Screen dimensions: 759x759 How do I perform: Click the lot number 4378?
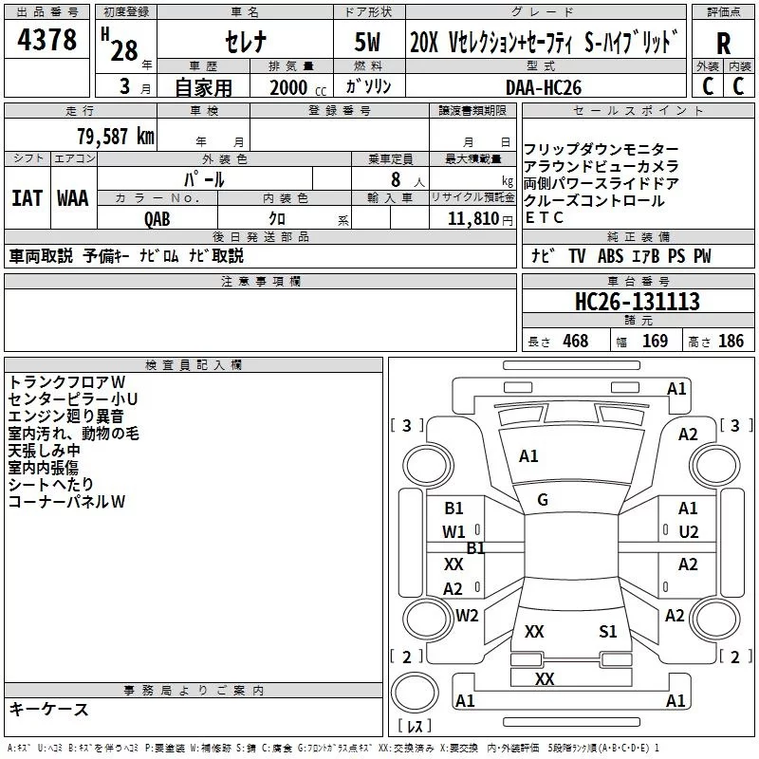point(47,41)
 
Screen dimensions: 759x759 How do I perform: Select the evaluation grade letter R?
point(723,43)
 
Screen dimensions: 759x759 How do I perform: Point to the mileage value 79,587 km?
point(115,136)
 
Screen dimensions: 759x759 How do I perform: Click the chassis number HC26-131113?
point(638,302)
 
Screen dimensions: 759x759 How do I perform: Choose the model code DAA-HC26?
point(543,87)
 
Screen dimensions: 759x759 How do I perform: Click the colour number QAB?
point(157,217)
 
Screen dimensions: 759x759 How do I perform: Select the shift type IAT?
point(27,198)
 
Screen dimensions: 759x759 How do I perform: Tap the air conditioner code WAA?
point(73,198)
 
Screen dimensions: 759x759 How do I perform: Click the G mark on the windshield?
point(543,500)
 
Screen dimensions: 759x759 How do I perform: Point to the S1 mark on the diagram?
point(608,632)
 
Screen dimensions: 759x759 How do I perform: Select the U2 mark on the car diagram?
point(689,531)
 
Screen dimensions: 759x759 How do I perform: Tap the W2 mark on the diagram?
point(467,616)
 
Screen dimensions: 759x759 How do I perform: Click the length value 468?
point(575,342)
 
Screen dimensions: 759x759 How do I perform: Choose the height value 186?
point(731,342)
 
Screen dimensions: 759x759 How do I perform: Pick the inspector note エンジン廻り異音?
point(65,417)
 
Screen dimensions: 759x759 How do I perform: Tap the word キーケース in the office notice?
point(48,710)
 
